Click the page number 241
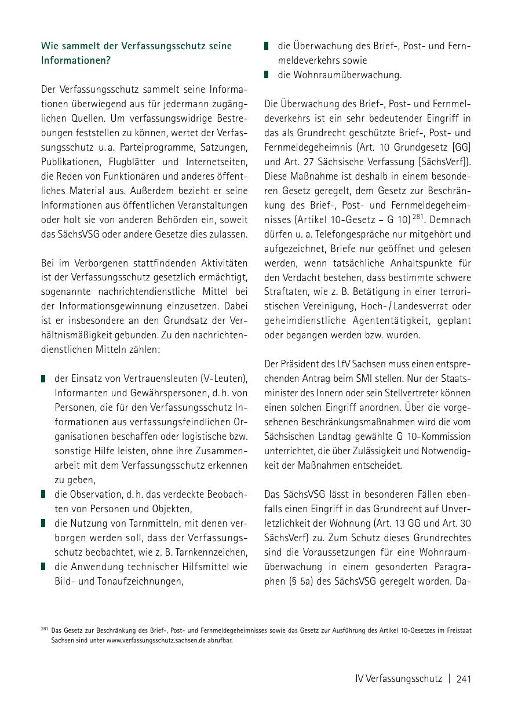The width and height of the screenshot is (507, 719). [x=464, y=679]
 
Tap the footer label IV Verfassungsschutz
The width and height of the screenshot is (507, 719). [x=399, y=679]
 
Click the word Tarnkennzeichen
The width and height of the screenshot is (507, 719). [x=207, y=552]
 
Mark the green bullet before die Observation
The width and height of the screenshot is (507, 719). [x=43, y=494]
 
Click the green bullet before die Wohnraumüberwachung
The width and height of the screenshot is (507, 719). [x=267, y=75]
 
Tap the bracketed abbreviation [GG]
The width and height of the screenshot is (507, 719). [x=461, y=148]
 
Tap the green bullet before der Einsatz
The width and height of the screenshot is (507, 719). [x=43, y=379]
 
